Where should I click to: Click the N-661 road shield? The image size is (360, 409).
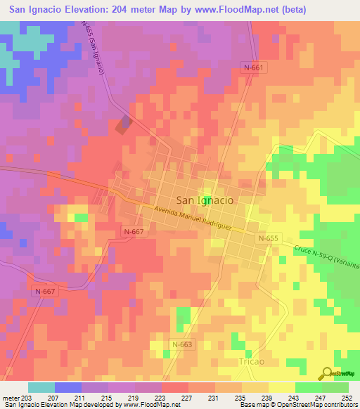[253, 67]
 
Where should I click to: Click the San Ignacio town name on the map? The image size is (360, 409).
[205, 200]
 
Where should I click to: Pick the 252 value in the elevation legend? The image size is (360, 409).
[347, 398]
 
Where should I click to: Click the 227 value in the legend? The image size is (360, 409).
[188, 398]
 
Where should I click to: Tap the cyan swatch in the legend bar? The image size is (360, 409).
[41, 387]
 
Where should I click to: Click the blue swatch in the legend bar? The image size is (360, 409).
[68, 387]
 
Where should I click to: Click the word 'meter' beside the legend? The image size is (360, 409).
[11, 398]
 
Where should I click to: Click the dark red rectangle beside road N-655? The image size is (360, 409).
[123, 125]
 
